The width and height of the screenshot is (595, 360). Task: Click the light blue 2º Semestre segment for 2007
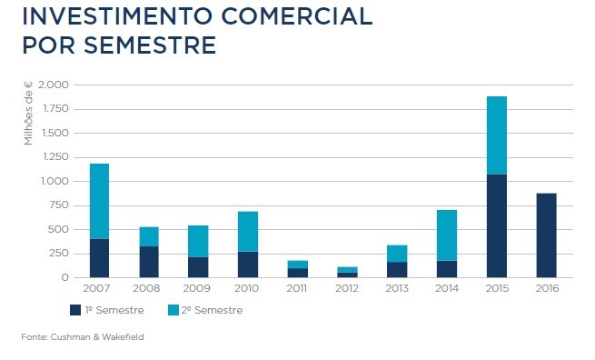point(99,201)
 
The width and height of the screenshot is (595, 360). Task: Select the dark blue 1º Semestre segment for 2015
point(496,225)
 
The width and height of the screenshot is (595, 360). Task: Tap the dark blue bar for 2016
point(546,235)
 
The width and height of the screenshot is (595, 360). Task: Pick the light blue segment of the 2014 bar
point(446,235)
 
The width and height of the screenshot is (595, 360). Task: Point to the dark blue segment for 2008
point(149,262)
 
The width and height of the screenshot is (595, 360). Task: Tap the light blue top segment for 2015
point(496,135)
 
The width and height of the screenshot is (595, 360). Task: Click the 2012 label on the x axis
point(347,288)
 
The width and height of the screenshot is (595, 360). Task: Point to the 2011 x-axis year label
point(298,288)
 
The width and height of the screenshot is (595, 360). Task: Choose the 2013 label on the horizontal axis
point(397,288)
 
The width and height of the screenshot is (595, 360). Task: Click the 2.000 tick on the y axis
point(53,85)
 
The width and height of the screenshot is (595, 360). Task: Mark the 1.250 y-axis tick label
point(53,157)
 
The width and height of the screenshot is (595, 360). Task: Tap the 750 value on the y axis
point(58,205)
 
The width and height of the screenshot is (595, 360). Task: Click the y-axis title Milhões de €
point(28,114)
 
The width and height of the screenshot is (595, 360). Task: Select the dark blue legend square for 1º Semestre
point(75,310)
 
